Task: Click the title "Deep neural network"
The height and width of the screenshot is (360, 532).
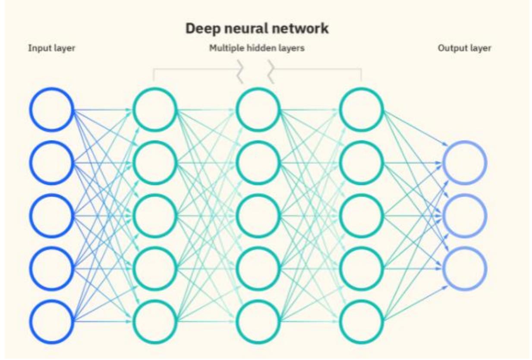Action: click(257, 29)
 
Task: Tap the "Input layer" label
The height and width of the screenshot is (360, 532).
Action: click(51, 48)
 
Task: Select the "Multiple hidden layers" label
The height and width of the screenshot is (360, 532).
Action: click(257, 48)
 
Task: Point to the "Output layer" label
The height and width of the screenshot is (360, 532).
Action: click(464, 48)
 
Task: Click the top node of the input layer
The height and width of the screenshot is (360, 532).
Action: click(51, 110)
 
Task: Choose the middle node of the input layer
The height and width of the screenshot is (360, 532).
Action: click(51, 216)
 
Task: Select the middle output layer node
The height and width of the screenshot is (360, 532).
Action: click(465, 216)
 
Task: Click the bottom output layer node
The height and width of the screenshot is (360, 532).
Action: click(465, 268)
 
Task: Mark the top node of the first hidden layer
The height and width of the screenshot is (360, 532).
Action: click(154, 110)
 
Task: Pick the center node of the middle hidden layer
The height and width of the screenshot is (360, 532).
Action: click(258, 216)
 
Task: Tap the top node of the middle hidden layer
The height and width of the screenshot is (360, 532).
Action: click(258, 110)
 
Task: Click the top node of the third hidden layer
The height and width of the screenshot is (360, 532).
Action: click(361, 110)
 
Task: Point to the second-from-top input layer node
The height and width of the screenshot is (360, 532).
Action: click(51, 163)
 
